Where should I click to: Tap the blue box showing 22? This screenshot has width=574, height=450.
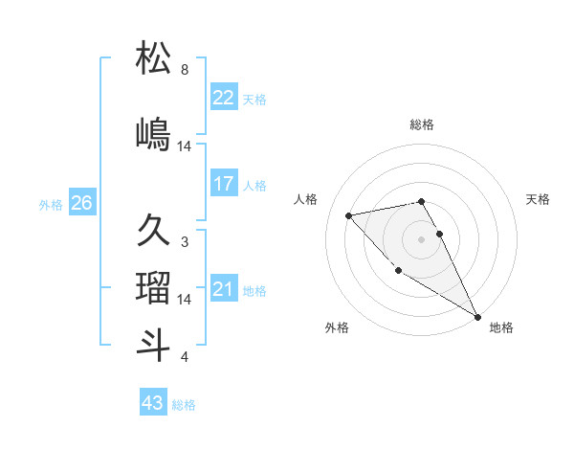223,98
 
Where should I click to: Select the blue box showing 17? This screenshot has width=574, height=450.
223,184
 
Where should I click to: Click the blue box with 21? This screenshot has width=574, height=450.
223,289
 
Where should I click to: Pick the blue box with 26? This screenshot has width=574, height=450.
81,203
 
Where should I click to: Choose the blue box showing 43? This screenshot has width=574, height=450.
153,403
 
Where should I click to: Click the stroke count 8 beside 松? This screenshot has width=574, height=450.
185,70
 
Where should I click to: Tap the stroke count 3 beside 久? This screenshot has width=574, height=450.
185,242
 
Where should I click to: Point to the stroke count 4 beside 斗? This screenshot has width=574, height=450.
185,357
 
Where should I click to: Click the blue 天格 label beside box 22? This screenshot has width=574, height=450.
254,99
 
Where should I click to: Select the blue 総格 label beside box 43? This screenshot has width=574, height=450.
184,405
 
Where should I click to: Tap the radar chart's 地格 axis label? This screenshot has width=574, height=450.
501,327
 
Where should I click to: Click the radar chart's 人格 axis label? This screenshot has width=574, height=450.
306,199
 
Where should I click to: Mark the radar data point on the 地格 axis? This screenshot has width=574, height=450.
477,317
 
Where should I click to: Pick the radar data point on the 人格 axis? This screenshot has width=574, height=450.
349,215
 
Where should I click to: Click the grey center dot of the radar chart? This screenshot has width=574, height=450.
421,238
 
